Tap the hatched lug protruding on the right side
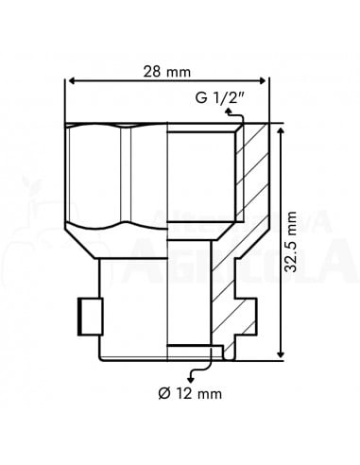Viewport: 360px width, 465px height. [x=247, y=313]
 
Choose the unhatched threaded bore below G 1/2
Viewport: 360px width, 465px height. [x=200, y=175]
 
